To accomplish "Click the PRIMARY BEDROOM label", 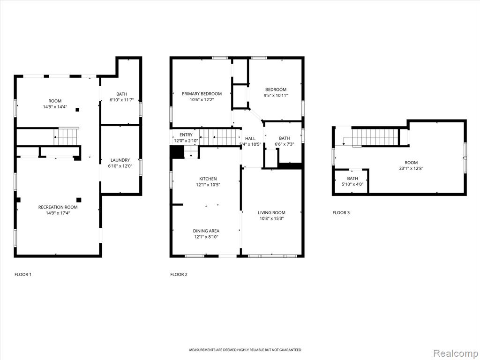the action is point(202,94).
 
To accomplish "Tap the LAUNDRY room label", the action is point(120,160).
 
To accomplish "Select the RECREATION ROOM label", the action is point(58,207).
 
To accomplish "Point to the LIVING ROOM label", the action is point(271,213).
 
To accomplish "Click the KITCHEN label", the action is point(208,179).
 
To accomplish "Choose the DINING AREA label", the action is point(206,231).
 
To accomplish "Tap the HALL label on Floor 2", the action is point(250,139).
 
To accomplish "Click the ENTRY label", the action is point(186,135).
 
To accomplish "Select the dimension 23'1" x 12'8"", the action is point(411,168).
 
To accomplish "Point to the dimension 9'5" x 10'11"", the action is point(276,95).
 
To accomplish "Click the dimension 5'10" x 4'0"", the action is point(352,184).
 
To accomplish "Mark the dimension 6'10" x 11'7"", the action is point(121,100).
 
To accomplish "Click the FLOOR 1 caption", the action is point(23,274).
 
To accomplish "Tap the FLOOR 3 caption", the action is point(341,212).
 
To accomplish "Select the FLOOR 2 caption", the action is point(179,274).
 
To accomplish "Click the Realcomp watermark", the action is point(455,353).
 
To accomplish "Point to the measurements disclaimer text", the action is point(245,350).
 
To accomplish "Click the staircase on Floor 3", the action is point(375,137).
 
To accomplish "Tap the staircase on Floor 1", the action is point(67,136).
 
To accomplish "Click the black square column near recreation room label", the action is point(79,200).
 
